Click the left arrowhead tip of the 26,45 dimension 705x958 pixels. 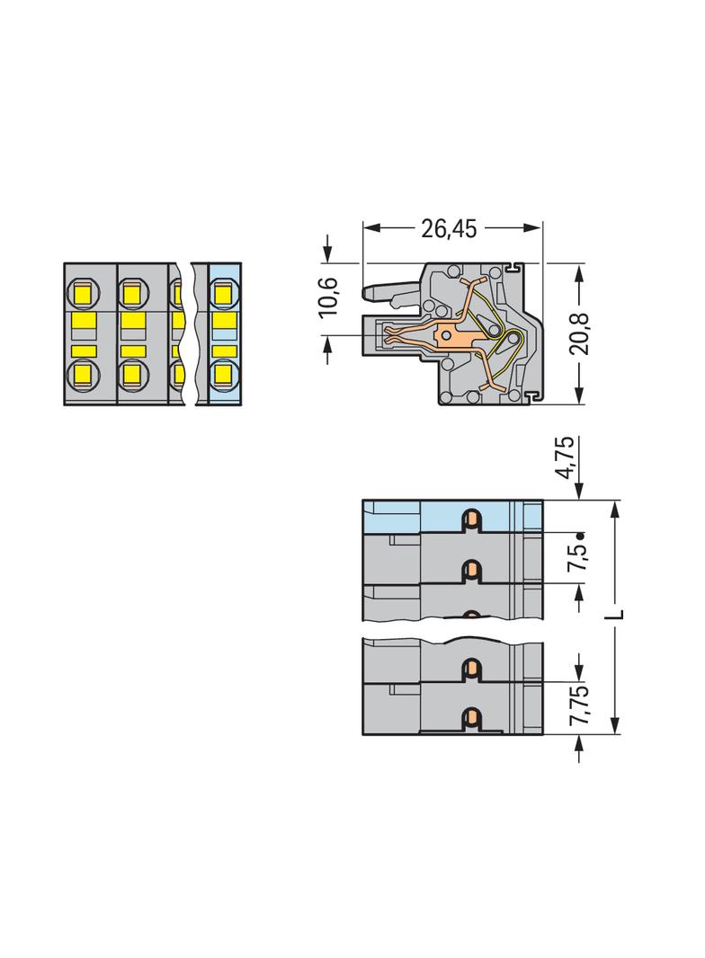(x=363, y=227)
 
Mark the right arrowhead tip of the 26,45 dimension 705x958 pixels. (x=541, y=227)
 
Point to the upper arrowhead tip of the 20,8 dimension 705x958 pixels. (x=578, y=264)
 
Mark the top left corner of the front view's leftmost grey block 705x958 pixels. (x=64, y=263)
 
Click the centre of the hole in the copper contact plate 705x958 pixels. (x=448, y=335)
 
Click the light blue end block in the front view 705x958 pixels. (x=225, y=334)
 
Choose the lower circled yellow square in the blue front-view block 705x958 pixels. (x=225, y=375)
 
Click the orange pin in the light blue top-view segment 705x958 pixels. (x=471, y=520)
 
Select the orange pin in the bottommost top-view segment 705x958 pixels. (x=471, y=719)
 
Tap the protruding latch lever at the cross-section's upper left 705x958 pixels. (x=390, y=294)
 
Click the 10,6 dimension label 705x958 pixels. (x=328, y=297)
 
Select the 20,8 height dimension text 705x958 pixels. (x=578, y=333)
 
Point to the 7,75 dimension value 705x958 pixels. (x=578, y=705)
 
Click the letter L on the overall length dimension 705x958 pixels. (x=617, y=613)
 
